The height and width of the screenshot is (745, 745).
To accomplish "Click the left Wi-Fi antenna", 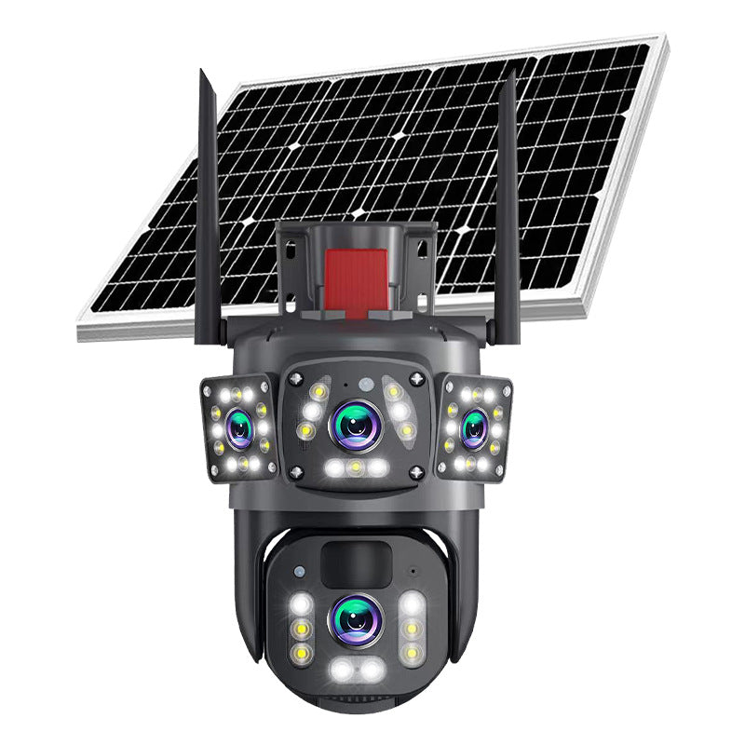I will [x=206, y=214].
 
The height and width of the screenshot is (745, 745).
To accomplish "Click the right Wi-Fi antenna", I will [x=508, y=214].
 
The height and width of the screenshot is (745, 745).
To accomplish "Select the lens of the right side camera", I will [x=475, y=427].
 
